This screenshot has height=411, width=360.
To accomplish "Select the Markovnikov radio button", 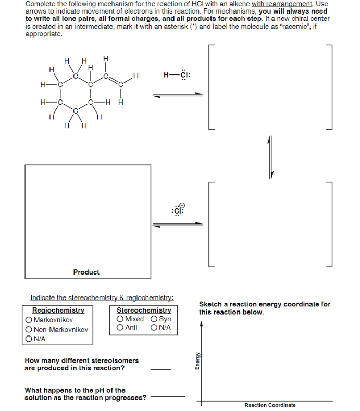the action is click(29, 320).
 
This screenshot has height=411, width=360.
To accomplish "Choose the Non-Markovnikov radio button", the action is click(29, 329).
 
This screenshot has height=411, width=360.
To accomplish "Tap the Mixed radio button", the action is click(120, 319).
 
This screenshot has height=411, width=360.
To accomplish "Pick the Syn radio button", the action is click(154, 319).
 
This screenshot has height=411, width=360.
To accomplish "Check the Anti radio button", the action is click(120, 328).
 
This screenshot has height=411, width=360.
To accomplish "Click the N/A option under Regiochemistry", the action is click(29, 339).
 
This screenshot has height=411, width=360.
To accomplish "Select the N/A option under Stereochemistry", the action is click(154, 328).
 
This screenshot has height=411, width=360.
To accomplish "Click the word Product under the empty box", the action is click(86, 272).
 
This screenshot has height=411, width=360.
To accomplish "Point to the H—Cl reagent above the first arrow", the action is click(177, 74).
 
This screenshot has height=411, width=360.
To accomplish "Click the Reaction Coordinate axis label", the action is click(270, 405).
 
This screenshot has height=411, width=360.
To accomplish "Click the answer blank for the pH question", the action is click(167, 397).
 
